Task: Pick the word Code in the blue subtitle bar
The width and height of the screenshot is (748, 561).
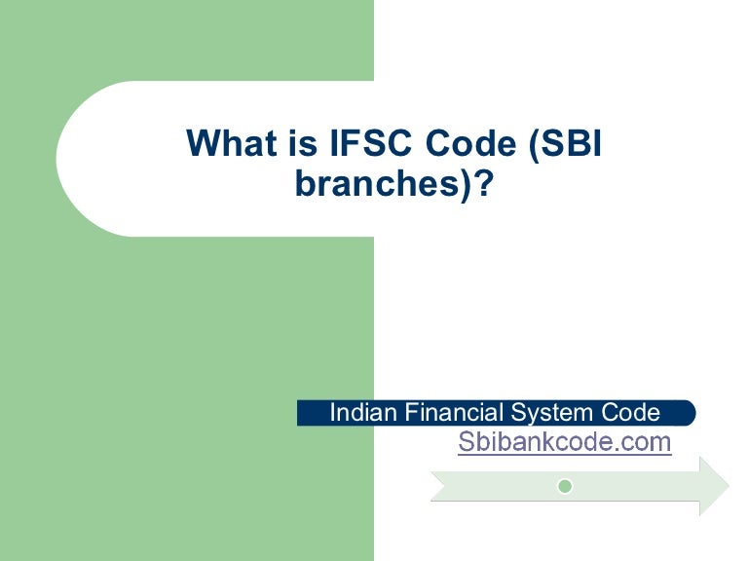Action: click(x=634, y=412)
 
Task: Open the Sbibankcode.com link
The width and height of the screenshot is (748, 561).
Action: click(x=564, y=442)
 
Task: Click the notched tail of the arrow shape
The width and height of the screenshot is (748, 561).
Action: click(x=440, y=485)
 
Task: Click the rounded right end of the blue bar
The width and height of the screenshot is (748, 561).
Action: click(x=689, y=412)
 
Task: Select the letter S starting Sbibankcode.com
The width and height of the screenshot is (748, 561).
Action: click(x=467, y=442)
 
